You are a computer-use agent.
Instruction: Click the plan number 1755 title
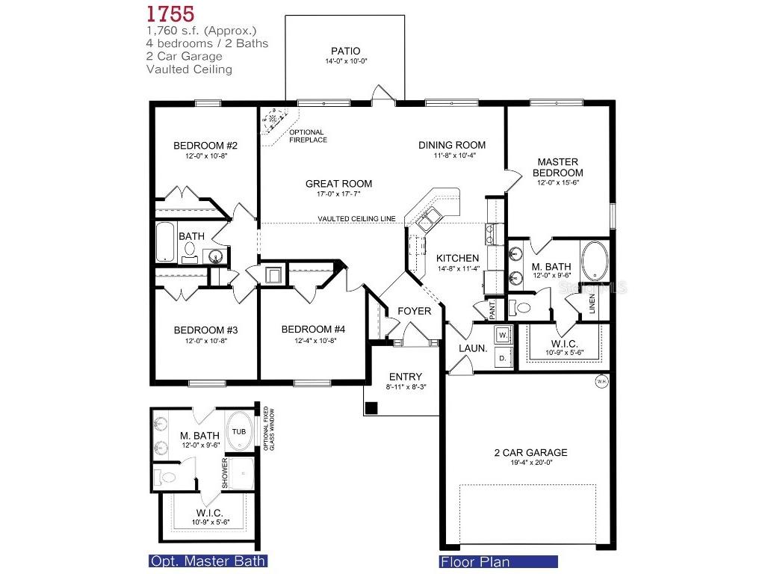171,13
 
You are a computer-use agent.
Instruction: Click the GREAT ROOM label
338,184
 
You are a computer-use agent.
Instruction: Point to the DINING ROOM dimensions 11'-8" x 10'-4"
451,155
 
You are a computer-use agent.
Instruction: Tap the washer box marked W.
503,333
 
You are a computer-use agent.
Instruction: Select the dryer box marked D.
503,359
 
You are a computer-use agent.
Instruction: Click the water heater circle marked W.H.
602,382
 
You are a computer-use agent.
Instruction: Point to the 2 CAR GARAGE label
530,452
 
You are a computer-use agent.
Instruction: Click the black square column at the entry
371,408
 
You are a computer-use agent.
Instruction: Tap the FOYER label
414,311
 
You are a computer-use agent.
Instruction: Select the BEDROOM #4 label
313,330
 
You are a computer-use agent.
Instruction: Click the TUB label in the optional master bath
238,432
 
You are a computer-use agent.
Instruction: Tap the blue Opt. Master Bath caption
208,561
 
